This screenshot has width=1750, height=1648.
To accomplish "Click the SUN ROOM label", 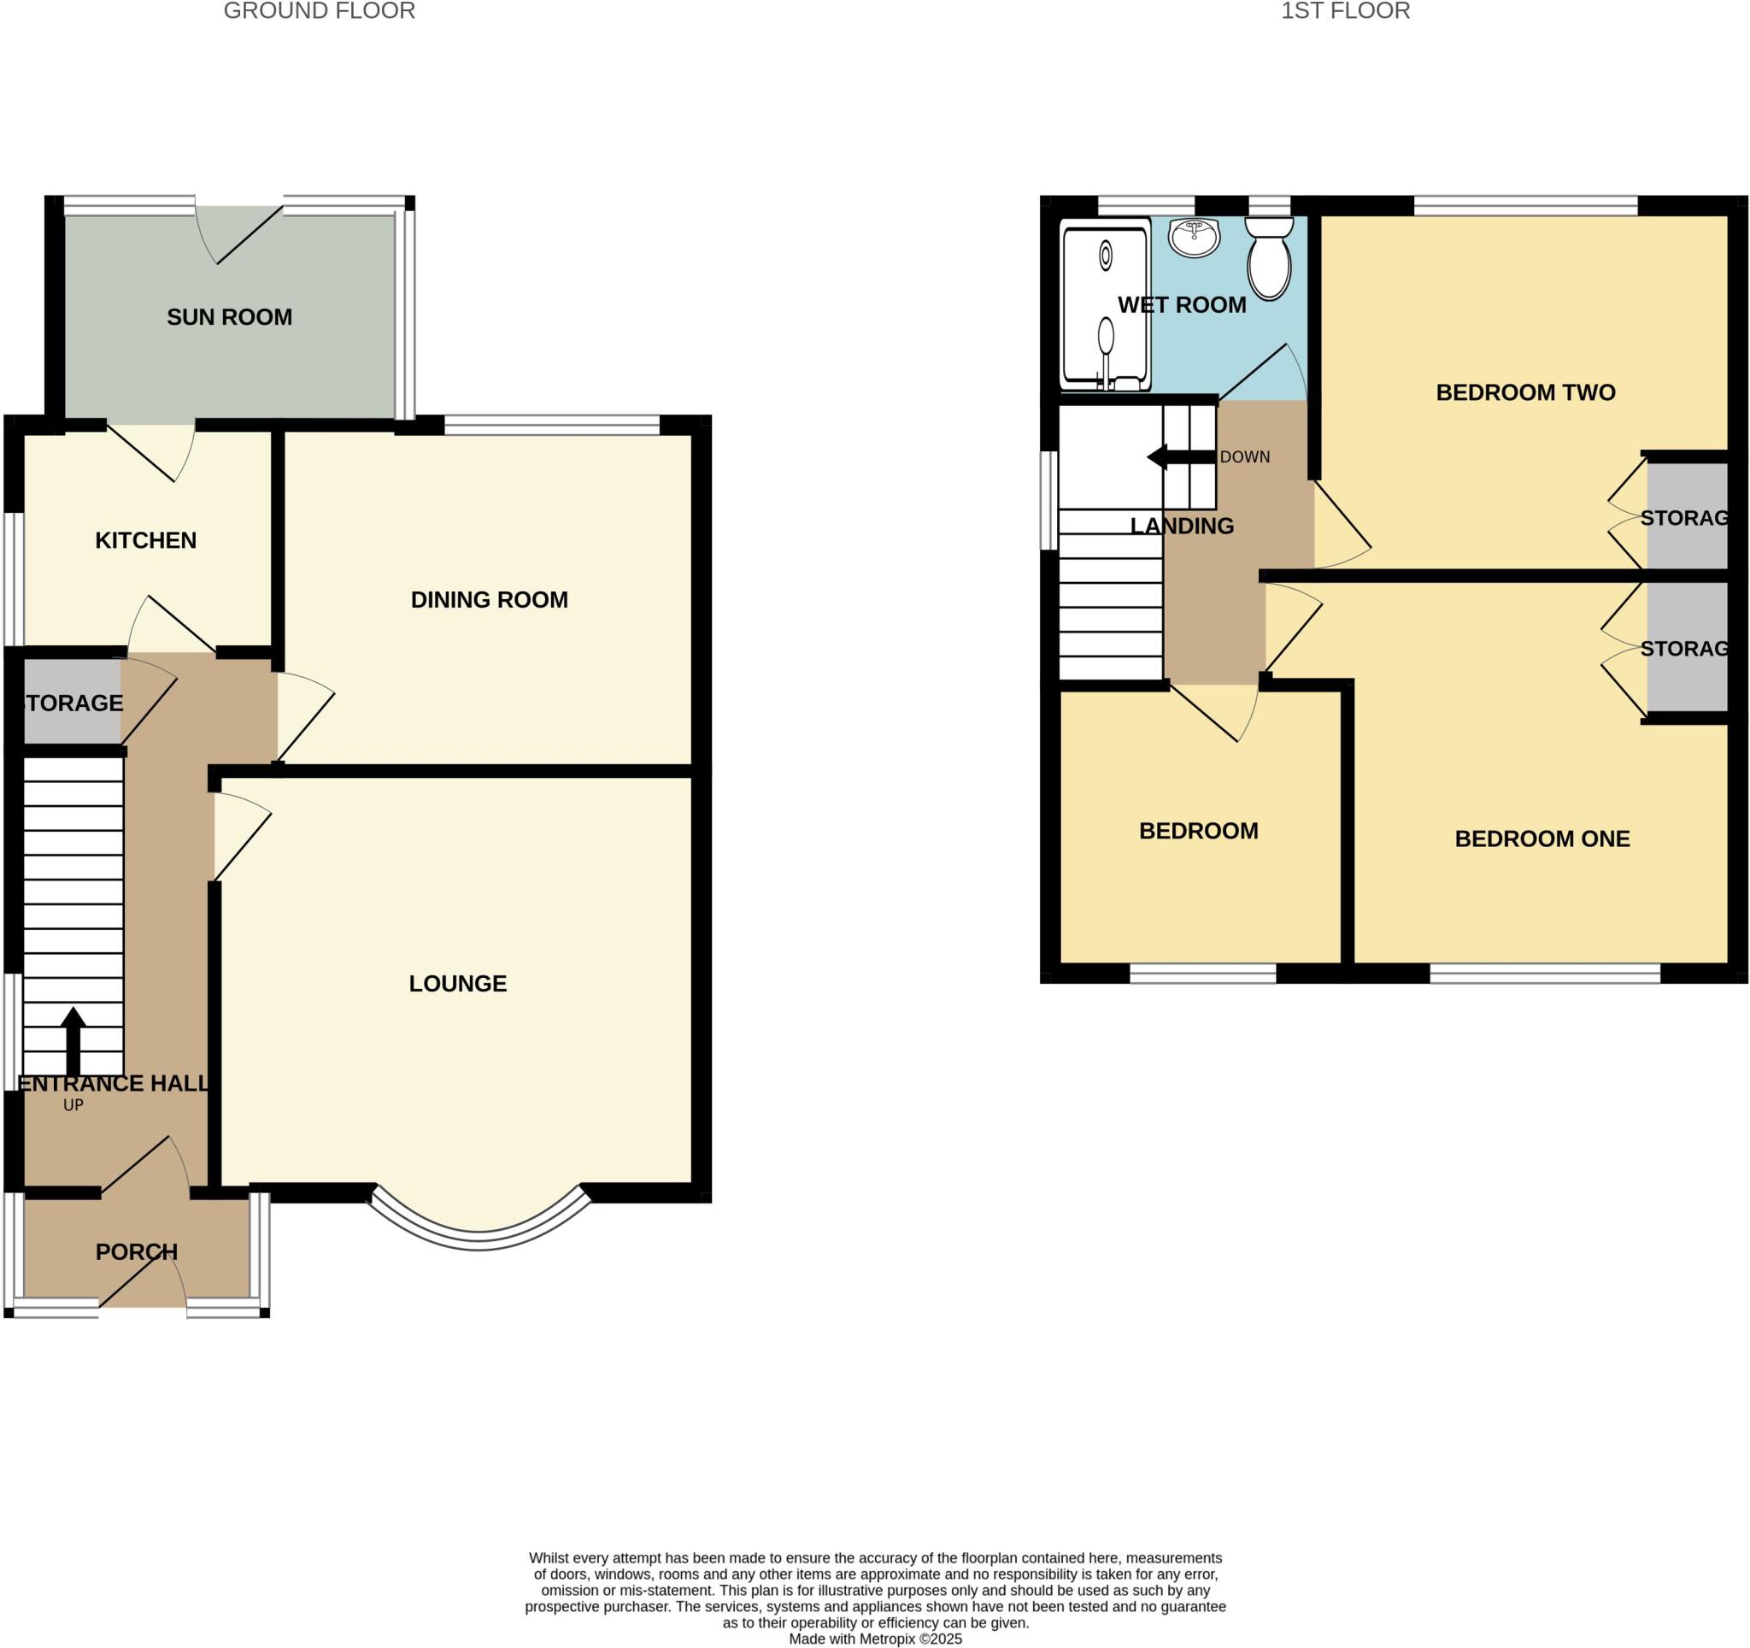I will [x=229, y=317].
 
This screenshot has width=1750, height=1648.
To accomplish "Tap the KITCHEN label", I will [x=145, y=540].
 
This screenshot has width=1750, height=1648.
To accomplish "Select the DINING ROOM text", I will [x=490, y=600].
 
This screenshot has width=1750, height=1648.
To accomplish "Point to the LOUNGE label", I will [x=458, y=983].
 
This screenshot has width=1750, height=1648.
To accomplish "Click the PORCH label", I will [x=137, y=1252].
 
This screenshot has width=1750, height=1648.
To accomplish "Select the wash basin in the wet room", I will [x=1194, y=237].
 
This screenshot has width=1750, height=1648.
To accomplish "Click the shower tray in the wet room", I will [x=1106, y=308].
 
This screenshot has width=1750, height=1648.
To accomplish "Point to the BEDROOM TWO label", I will [x=1525, y=392].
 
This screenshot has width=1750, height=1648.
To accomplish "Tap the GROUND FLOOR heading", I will [x=319, y=11].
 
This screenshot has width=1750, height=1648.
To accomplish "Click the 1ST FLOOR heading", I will [x=1345, y=11].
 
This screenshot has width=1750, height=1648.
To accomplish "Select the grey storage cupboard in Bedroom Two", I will [x=1687, y=517].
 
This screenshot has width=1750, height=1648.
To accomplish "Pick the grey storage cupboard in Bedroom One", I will [x=1687, y=648].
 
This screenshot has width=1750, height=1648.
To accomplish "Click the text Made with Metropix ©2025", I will [x=875, y=1639].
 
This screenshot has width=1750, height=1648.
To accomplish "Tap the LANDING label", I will [x=1182, y=527].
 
